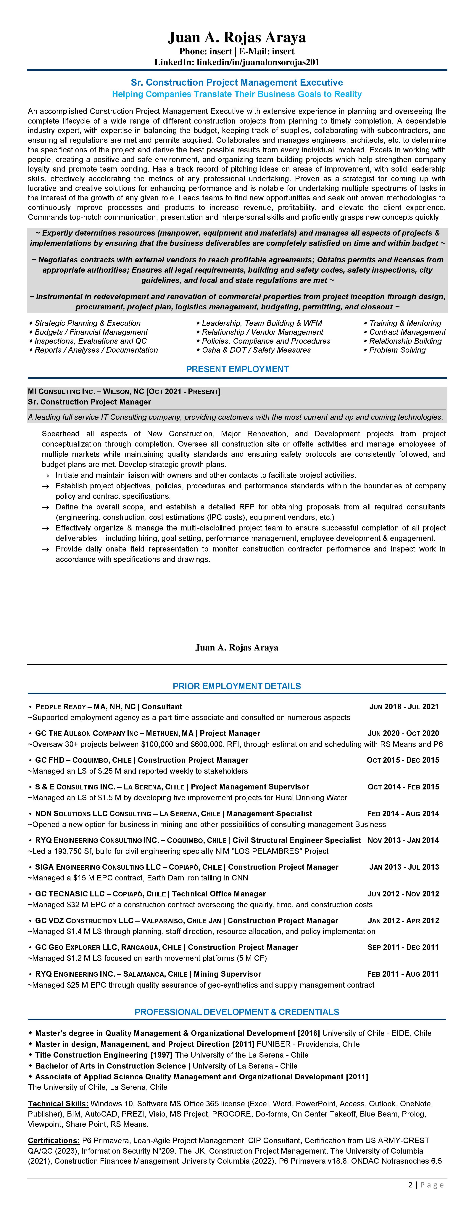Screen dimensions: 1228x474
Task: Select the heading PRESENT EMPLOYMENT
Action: click(237, 369)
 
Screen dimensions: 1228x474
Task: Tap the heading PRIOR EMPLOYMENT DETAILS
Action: click(237, 686)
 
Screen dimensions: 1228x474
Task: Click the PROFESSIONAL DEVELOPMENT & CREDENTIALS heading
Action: click(237, 1012)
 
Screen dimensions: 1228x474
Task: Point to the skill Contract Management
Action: click(407, 332)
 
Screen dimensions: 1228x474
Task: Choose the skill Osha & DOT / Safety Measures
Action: click(256, 350)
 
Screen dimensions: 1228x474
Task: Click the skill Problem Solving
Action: click(397, 350)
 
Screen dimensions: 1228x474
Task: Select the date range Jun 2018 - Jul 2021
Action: click(404, 706)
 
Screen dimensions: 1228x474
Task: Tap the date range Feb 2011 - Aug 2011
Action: click(403, 974)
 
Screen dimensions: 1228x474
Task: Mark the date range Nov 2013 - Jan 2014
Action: click(403, 840)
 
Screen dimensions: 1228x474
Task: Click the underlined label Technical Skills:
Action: click(58, 1104)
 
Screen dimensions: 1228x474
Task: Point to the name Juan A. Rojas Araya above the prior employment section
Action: click(237, 647)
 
